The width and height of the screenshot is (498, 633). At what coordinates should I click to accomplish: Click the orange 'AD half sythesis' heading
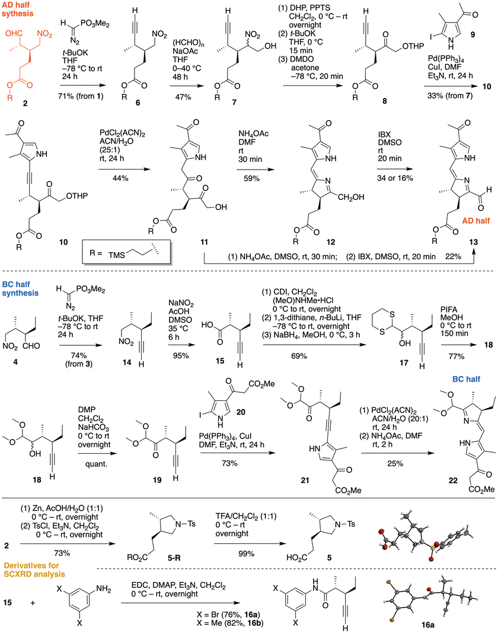(17, 9)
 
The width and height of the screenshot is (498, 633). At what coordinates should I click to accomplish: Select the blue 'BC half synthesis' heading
(20, 289)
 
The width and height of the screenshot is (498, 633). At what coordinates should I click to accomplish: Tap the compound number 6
(138, 103)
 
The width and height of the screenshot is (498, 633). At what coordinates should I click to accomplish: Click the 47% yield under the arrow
(183, 97)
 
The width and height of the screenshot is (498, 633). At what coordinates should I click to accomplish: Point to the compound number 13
(473, 242)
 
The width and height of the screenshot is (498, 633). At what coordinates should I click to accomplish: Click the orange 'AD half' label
(476, 221)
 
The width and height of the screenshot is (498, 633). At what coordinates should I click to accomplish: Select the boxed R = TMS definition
(126, 252)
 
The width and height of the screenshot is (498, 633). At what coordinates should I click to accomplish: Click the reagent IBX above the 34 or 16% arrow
(385, 133)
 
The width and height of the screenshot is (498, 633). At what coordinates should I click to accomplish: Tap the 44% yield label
(120, 177)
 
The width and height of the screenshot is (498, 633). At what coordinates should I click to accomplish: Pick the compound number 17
(404, 362)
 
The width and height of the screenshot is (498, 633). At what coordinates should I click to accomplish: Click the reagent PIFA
(449, 309)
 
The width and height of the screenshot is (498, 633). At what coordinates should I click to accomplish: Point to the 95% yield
(181, 355)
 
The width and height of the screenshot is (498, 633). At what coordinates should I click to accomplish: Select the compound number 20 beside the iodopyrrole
(241, 412)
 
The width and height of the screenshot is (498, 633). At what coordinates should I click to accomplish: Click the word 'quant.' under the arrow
(96, 464)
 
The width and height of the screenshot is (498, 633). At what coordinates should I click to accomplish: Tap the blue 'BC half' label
(466, 378)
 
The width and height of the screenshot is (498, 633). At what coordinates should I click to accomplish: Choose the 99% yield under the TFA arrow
(246, 554)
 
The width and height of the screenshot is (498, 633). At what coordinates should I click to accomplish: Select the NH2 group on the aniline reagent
(103, 589)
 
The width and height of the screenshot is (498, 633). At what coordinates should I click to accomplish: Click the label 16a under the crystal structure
(428, 625)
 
